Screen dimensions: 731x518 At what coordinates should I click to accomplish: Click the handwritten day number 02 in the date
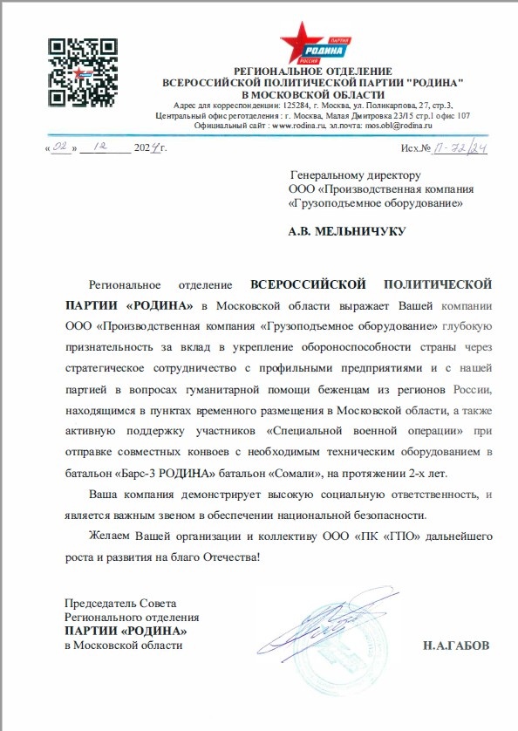(60, 149)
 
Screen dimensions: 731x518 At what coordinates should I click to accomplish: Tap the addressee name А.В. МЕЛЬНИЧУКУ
(346, 232)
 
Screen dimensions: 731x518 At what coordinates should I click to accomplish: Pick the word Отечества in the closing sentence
(223, 556)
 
